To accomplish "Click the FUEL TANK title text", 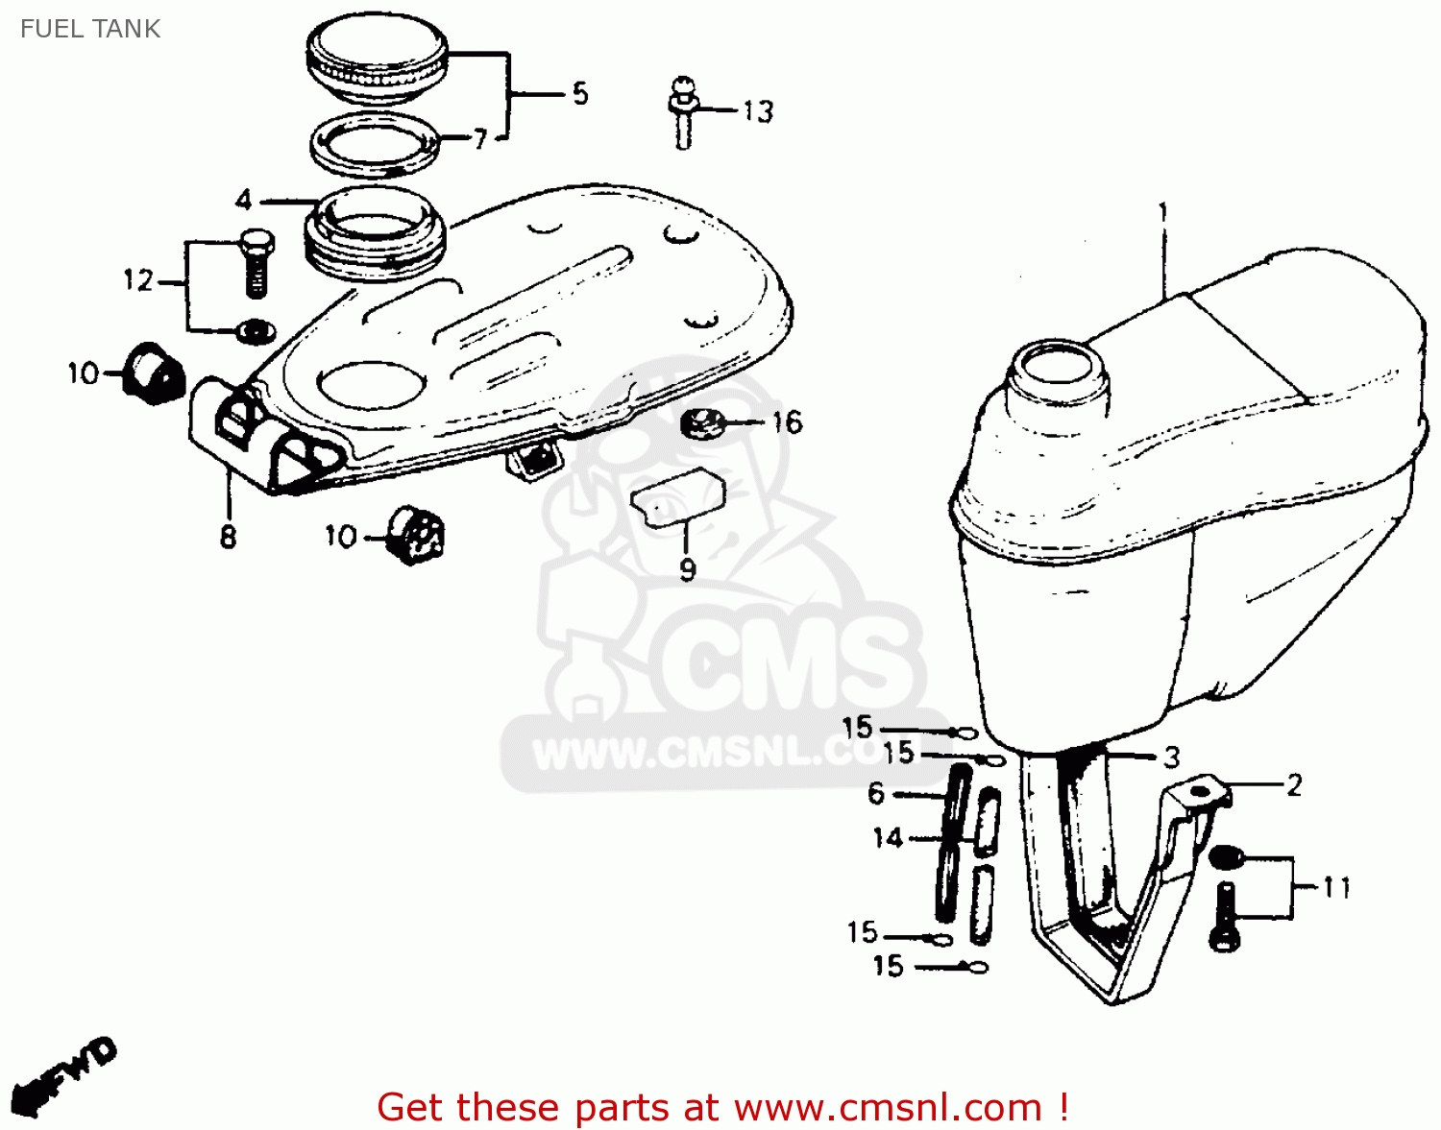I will coord(90,29).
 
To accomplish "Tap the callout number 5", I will coord(579,94).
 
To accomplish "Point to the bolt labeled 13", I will coord(682,113).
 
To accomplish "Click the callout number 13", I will coord(758,112).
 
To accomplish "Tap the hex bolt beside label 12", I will coord(256,261).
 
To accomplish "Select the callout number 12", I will coord(138,280).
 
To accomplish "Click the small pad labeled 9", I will coord(677,496).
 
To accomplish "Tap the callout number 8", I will coord(228,536).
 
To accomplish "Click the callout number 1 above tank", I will coord(1163,211).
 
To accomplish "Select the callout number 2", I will coord(1294,785).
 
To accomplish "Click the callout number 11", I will coord(1336,887).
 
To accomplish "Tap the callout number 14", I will coord(888,838).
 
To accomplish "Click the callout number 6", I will coord(876,794).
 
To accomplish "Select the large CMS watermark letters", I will coord(788,662).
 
